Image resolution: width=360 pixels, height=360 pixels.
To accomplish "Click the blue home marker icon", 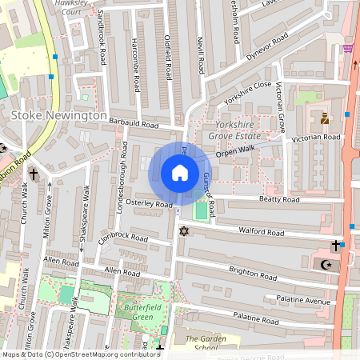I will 180,173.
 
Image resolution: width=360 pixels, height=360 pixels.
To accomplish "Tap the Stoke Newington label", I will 58,116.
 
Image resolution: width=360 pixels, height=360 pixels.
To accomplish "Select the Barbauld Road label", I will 134,124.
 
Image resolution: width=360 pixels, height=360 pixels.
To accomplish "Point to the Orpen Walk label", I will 234,149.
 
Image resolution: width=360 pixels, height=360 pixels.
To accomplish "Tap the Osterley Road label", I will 150,205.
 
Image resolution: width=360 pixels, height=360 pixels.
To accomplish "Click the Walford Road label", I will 261,232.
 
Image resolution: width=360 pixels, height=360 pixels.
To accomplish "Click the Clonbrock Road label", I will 123,238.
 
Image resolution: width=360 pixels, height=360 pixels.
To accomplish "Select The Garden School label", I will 196,343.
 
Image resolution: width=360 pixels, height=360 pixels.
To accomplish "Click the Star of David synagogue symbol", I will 184,231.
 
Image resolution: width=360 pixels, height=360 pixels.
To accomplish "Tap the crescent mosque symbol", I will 326,264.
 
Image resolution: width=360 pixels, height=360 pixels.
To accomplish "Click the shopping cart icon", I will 348,49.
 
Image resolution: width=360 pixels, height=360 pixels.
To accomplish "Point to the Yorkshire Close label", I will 249,94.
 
